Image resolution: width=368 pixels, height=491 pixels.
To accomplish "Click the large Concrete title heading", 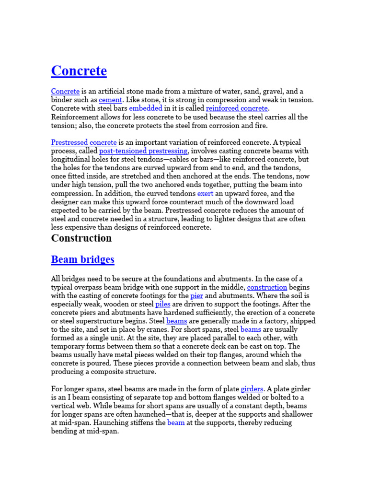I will click(x=79, y=71).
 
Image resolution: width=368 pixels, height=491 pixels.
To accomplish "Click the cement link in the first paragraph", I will click(x=110, y=100).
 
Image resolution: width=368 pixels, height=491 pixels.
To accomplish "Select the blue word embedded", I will click(x=146, y=108).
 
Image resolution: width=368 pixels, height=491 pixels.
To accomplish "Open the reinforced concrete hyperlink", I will click(x=237, y=108).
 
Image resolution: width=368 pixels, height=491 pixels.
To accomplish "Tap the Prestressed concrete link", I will click(x=84, y=142).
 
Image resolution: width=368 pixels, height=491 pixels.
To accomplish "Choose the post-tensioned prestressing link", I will click(x=143, y=151).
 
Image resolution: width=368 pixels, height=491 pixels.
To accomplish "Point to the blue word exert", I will click(x=205, y=194).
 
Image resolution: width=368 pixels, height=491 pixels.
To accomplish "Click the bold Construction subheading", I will click(x=81, y=238).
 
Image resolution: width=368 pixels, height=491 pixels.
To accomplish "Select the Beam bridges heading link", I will click(x=82, y=260).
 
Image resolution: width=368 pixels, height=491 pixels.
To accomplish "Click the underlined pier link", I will click(x=196, y=296).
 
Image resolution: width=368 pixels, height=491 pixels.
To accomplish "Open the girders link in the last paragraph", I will click(x=252, y=389).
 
